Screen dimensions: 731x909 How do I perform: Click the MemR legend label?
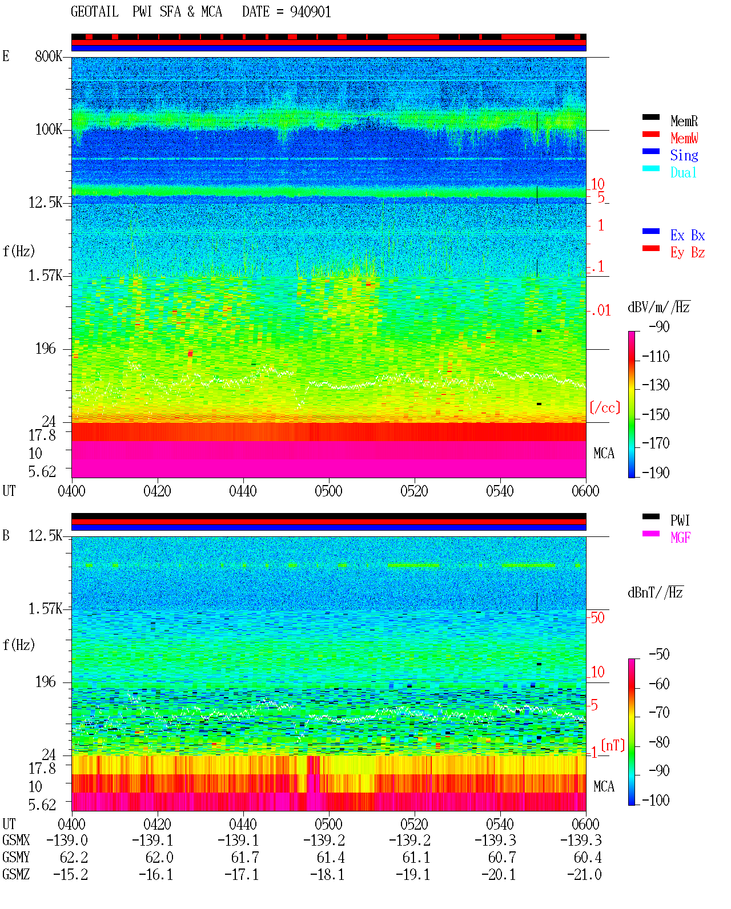point(684,121)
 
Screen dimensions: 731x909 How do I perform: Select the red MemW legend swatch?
point(650,134)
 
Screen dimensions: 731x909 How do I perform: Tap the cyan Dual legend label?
point(683,172)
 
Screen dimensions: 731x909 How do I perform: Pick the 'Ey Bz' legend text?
point(687,253)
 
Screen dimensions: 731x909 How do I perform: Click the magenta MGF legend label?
point(680,538)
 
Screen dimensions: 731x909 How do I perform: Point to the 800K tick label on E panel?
point(49,56)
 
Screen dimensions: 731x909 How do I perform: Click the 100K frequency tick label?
point(49,130)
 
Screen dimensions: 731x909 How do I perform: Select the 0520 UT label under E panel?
point(414,491)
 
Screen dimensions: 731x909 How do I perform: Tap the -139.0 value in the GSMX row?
point(67,840)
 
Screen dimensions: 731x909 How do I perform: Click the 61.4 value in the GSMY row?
point(331,858)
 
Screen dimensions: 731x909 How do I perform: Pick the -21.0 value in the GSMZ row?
point(584,875)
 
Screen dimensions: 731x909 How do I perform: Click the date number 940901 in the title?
point(310,12)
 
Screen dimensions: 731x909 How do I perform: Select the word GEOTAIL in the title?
point(95,12)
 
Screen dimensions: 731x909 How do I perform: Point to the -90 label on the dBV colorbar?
point(659,327)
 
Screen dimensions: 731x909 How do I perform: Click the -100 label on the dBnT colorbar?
point(655,800)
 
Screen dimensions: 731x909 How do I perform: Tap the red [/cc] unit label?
point(605,407)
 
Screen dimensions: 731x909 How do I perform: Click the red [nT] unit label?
point(613,745)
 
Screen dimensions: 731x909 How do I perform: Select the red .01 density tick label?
point(601,311)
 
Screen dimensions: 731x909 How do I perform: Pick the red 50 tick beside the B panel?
point(597,618)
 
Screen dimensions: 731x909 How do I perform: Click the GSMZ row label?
point(16,875)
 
